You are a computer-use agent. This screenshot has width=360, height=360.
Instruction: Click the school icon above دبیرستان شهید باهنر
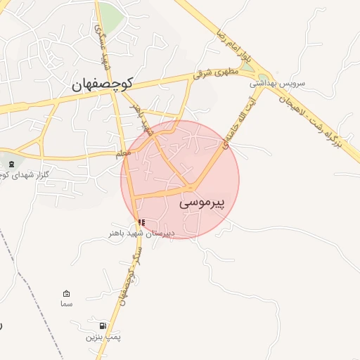[141, 222]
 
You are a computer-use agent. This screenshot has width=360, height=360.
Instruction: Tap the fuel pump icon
[104, 326]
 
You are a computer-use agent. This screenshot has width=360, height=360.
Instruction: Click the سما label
[67, 304]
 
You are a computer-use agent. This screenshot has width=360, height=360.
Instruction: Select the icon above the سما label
[67, 293]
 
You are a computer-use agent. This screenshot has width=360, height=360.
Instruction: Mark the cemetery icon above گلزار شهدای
[11, 164]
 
